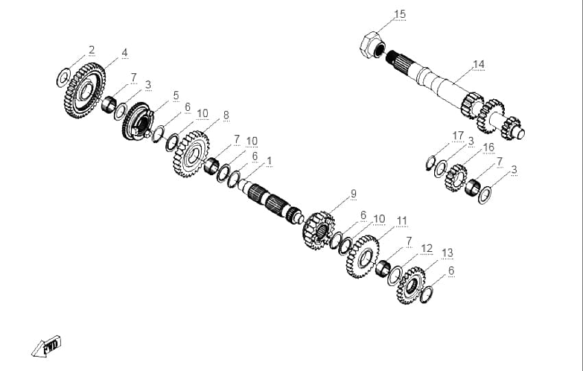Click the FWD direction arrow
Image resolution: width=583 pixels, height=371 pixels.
(x=47, y=347)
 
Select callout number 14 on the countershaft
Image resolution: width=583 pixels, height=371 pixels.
(x=479, y=64)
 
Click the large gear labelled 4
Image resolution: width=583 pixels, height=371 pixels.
(x=85, y=90)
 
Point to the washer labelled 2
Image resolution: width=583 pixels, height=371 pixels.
(x=63, y=77)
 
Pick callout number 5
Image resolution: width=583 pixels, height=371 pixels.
(x=176, y=96)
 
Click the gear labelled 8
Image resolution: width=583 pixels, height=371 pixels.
(x=191, y=153)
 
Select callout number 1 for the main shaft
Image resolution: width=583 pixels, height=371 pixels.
(x=269, y=162)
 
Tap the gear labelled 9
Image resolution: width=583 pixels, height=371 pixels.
(x=319, y=231)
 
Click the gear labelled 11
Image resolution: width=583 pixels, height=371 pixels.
(x=363, y=257)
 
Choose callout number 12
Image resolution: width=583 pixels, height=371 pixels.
(x=427, y=248)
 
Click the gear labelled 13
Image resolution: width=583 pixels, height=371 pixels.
(x=411, y=285)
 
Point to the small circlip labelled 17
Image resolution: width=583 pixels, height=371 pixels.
(x=431, y=163)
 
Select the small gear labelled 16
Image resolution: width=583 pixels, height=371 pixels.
(x=456, y=178)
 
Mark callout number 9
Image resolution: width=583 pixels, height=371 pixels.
(x=353, y=194)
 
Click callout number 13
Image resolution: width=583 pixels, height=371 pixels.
(x=447, y=253)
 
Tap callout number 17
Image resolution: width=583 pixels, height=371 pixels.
(x=458, y=136)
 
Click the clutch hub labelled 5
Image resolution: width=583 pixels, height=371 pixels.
(x=138, y=121)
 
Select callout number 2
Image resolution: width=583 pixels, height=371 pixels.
(x=91, y=50)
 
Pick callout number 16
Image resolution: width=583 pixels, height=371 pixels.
(x=488, y=148)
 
